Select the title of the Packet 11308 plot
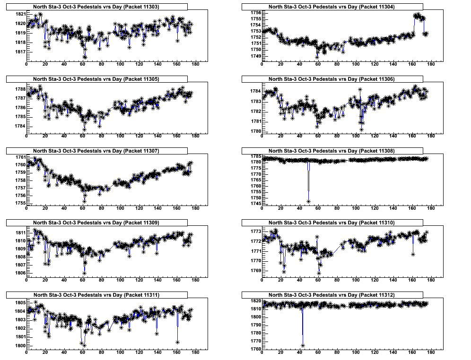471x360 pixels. click(332, 151)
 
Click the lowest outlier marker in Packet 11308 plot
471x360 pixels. click(308, 201)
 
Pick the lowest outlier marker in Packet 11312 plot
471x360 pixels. click(303, 345)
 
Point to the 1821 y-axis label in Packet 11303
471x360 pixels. click(20, 14)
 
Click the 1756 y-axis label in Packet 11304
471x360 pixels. click(255, 12)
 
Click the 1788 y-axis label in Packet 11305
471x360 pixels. click(20, 89)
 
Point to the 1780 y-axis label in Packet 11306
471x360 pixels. click(255, 131)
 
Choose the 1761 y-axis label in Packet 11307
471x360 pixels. click(20, 157)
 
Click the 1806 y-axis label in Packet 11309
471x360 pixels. click(20, 273)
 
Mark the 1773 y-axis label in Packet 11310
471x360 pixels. click(255, 231)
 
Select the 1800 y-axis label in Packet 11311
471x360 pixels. click(20, 346)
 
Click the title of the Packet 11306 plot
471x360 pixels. click(332, 79)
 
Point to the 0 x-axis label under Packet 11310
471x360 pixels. click(262, 282)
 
